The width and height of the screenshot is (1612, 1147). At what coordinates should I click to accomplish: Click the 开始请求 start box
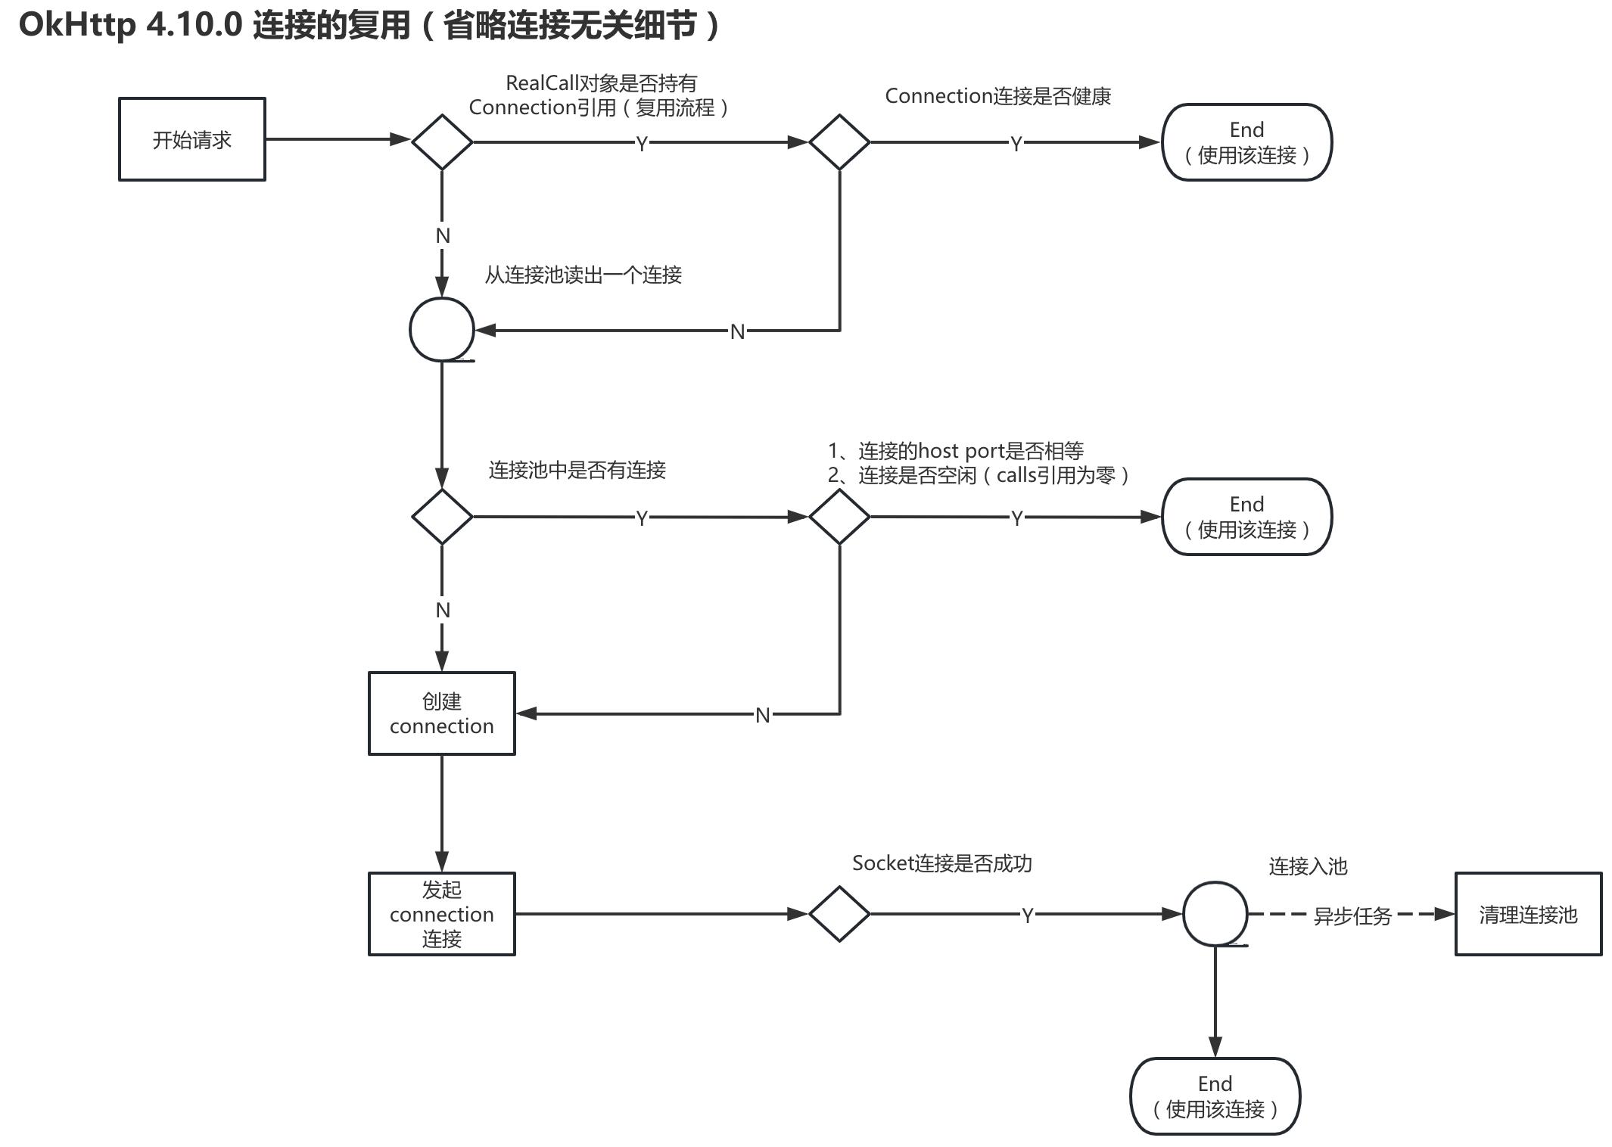click(191, 139)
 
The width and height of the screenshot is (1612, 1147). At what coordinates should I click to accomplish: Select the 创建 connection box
click(441, 713)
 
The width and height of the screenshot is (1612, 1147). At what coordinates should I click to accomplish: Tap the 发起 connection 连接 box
click(441, 913)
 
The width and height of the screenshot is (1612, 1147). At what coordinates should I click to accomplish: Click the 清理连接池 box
click(1527, 914)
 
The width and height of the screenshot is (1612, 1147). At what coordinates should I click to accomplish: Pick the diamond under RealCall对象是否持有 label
click(442, 141)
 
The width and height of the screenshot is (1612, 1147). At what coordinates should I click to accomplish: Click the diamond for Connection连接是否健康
click(839, 141)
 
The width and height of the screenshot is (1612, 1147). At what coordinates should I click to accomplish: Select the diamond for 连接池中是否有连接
click(442, 517)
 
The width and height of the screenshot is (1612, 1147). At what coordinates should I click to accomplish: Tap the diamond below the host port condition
click(839, 517)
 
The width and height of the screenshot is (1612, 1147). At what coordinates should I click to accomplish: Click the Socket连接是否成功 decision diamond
click(839, 913)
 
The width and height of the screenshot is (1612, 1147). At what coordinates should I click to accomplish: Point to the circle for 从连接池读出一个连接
click(442, 329)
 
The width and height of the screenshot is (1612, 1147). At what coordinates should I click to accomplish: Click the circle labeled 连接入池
click(1215, 913)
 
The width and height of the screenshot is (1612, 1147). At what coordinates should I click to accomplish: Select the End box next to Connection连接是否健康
click(1246, 142)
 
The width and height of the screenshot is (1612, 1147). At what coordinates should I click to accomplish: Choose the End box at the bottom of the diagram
click(1215, 1096)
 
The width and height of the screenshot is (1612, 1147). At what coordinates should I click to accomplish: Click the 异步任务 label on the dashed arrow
click(1352, 916)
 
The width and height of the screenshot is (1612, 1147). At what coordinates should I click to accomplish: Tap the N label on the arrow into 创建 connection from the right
click(762, 715)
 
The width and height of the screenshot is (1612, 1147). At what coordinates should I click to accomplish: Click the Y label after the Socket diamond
click(1027, 915)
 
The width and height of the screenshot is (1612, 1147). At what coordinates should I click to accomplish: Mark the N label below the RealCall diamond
click(443, 236)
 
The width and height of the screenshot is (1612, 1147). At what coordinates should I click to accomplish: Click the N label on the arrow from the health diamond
click(737, 331)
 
